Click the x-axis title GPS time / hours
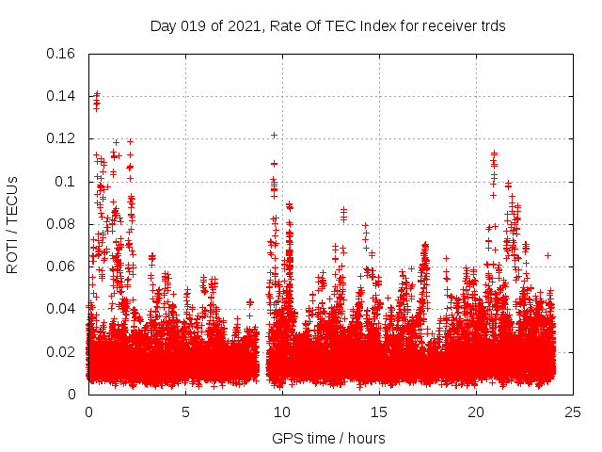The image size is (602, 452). pos(328,438)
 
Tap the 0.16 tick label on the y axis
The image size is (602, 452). pos(61,53)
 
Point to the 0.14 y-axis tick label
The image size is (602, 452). pos(61,96)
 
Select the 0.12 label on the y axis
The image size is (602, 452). pos(61,138)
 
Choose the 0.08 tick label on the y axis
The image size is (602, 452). pos(61,224)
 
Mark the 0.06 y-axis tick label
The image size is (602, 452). pos(61,266)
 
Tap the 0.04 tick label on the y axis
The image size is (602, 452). pos(61,309)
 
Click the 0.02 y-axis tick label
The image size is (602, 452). pos(61,352)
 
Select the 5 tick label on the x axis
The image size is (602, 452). pos(185,412)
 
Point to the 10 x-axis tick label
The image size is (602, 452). pos(282,412)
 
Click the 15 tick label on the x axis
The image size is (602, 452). pos(379,412)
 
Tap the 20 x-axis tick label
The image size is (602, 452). pos(476,412)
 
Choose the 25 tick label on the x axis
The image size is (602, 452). pos(573,412)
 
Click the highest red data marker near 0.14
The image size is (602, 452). pos(96,94)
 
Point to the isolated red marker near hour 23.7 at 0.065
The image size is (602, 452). pos(547,255)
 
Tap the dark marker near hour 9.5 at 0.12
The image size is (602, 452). pos(274,135)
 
